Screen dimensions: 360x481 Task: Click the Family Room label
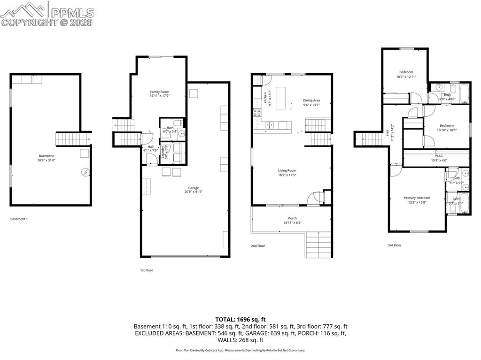click(x=159, y=92)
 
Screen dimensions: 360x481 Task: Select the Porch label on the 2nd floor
click(x=292, y=218)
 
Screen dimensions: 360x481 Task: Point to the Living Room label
click(x=287, y=171)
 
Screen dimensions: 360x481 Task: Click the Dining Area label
click(x=311, y=100)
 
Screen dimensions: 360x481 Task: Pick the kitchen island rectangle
click(x=281, y=98)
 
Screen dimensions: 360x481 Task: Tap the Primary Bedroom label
click(x=417, y=198)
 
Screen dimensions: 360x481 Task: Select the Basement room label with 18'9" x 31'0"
click(x=46, y=156)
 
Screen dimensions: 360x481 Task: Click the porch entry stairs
click(x=319, y=245)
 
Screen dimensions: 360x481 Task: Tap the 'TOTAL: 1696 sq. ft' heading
click(x=240, y=319)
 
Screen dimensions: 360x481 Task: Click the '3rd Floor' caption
click(x=395, y=245)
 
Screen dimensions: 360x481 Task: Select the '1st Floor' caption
click(x=146, y=270)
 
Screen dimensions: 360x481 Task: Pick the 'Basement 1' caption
click(x=19, y=219)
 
